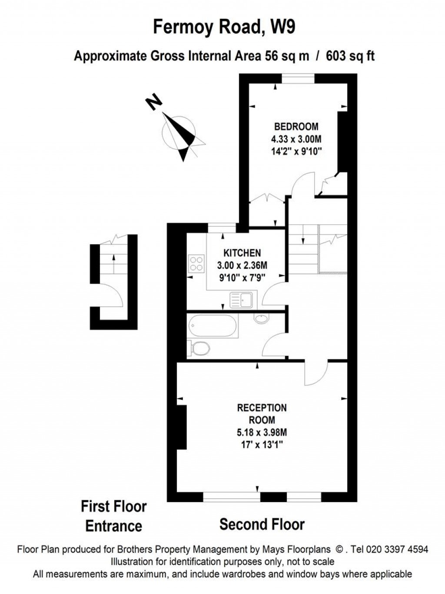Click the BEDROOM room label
point(296,127)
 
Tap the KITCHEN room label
point(242,253)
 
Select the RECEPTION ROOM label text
point(262,414)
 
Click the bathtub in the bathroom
point(213,326)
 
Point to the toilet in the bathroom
point(199,348)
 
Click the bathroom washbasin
point(261,319)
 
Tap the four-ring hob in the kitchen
point(196,263)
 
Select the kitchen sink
point(242,300)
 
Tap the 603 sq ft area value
point(350,56)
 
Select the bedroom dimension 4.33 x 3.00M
point(296,139)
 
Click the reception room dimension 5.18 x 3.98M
point(262,433)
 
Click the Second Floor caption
point(262,524)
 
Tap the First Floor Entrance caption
point(114,516)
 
